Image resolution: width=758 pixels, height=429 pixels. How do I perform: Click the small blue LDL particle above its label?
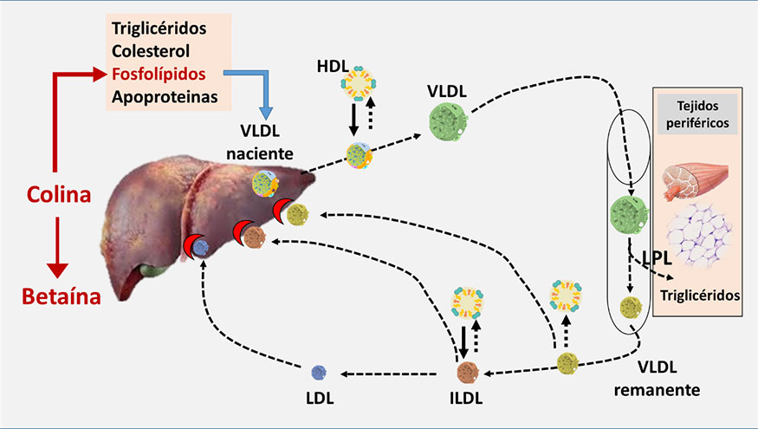319,374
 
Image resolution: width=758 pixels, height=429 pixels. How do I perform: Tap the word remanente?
656,390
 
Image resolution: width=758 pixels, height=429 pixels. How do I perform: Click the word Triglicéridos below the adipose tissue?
700,295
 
